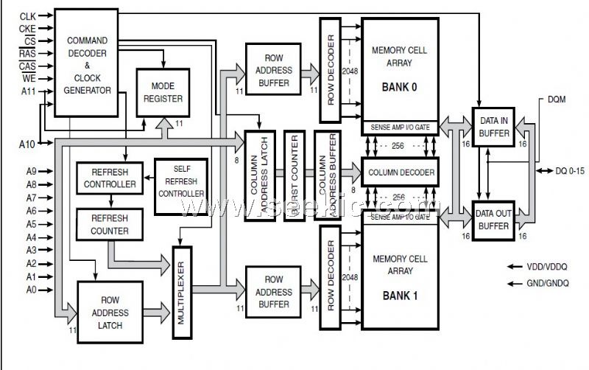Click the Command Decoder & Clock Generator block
87,65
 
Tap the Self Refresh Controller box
181,186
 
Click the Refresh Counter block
110,224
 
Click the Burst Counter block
294,175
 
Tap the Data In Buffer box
493,127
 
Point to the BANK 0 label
399,87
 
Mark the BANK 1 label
399,297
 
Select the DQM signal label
557,100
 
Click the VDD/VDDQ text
548,266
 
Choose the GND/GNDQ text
548,283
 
